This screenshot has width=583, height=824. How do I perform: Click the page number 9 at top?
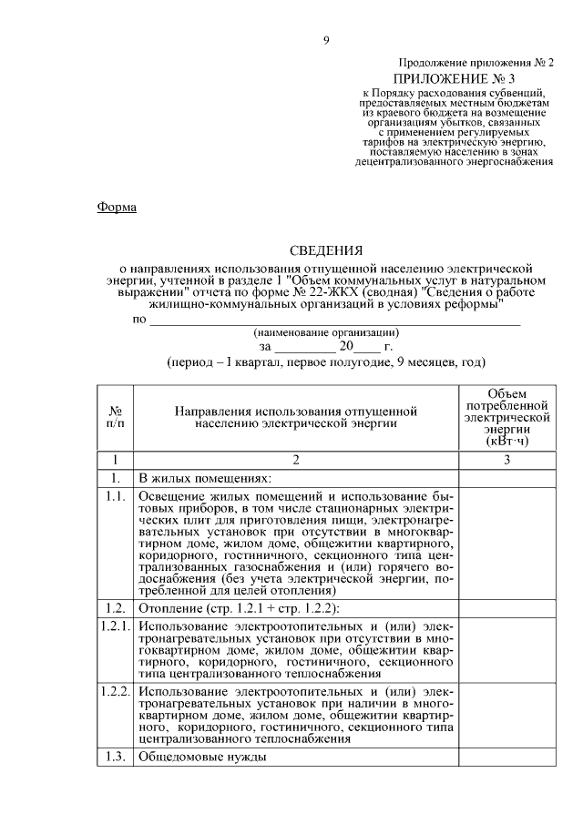coord(325,39)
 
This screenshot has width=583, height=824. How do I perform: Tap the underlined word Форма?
coord(117,208)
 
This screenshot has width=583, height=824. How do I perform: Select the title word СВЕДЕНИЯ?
coord(325,250)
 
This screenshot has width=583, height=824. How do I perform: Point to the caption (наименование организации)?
coord(326,332)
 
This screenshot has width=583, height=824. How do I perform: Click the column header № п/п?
coord(116,418)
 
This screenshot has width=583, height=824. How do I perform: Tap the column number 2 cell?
coord(296,460)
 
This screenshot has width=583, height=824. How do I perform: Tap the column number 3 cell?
coord(506,460)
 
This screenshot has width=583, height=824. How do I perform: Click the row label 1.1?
coord(116,496)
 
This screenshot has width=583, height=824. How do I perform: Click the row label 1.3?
coord(116,758)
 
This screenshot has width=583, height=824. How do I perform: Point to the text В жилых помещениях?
coord(205,478)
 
